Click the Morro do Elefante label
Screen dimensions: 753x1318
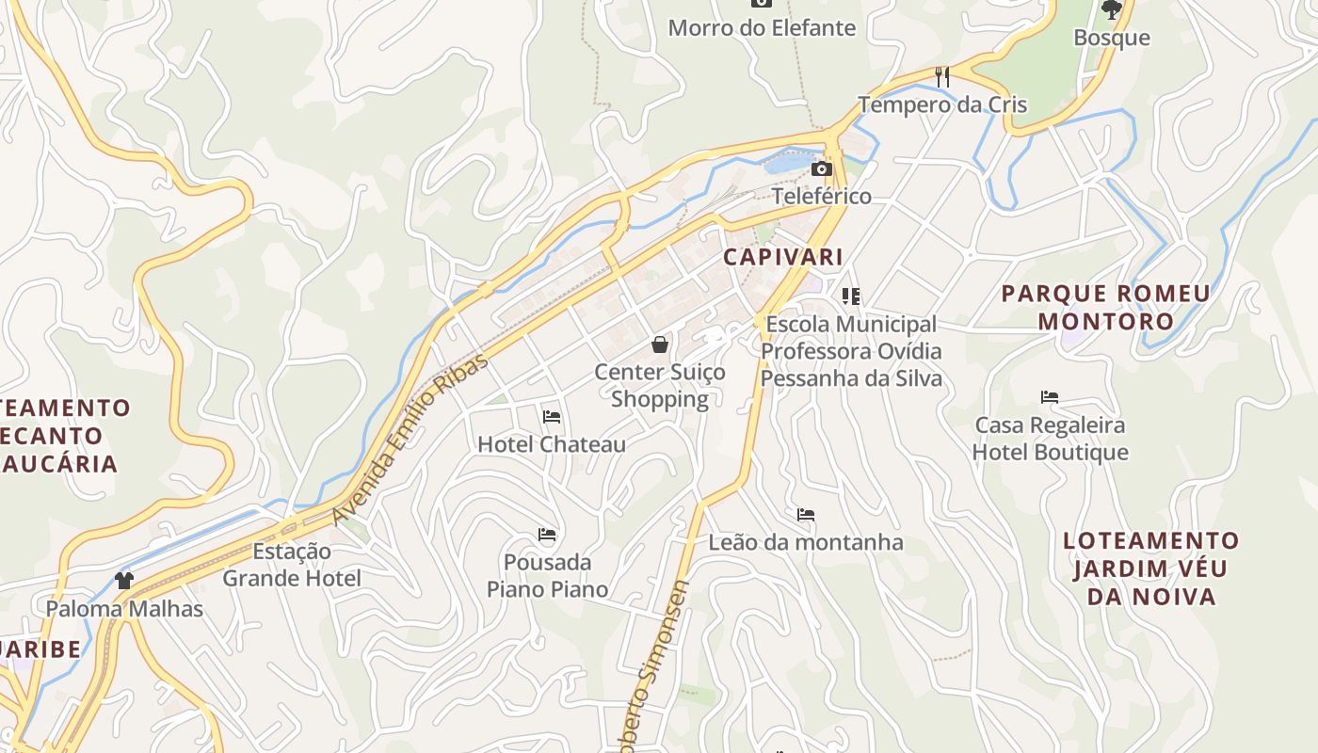click(762, 28)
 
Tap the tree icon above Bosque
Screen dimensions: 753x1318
click(1112, 10)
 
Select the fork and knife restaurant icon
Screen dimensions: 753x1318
click(941, 76)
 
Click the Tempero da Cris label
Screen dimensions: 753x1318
click(942, 104)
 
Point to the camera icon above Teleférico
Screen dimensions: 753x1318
click(822, 169)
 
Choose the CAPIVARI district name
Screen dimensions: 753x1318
click(783, 256)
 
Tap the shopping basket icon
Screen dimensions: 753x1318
click(660, 344)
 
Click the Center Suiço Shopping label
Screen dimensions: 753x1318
click(660, 385)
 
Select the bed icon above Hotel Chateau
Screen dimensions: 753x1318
click(552, 416)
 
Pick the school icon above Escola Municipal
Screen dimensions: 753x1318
click(851, 297)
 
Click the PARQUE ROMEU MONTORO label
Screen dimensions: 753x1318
click(1106, 307)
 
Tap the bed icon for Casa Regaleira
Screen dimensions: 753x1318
click(1050, 397)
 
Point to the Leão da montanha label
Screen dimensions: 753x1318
click(806, 542)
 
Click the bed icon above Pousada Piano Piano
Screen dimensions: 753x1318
click(547, 535)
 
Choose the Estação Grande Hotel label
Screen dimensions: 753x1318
click(292, 565)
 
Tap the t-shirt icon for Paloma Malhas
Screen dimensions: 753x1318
click(124, 580)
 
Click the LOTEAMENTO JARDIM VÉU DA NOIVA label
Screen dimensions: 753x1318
click(1151, 568)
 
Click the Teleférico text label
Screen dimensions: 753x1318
click(822, 196)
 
